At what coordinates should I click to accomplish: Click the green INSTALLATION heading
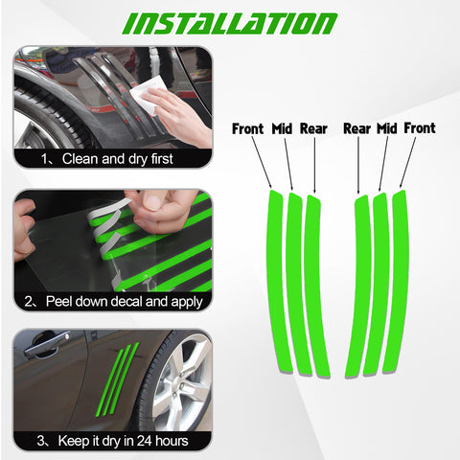pos(229,24)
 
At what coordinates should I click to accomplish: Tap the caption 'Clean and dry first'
pos(117,159)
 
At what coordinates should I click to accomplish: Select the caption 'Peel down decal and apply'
pos(124,302)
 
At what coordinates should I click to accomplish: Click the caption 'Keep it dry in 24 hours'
pos(123,441)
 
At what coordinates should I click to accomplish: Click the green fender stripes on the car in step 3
pos(117,379)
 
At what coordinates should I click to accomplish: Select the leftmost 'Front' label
pos(247,128)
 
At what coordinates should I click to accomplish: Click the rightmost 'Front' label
pos(420,128)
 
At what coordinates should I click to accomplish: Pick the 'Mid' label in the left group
pos(282,128)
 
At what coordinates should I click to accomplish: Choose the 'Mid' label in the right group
pos(386,128)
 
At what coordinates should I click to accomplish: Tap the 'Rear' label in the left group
pos(313,128)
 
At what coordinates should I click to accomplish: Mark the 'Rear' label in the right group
pos(356,128)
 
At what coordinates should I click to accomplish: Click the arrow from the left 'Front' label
pos(262,162)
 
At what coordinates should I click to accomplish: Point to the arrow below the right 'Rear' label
pos(358,166)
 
